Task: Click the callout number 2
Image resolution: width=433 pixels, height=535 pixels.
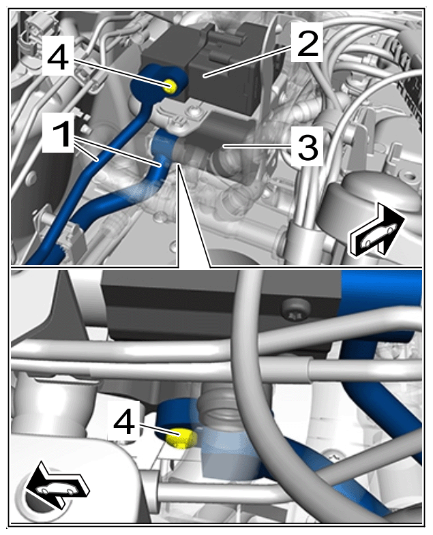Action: pyautogui.click(x=308, y=43)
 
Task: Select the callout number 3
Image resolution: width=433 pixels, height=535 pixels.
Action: pyautogui.click(x=308, y=147)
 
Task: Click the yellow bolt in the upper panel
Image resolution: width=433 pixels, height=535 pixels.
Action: pyautogui.click(x=170, y=85)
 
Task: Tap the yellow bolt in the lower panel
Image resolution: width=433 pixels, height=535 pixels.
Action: pyautogui.click(x=181, y=438)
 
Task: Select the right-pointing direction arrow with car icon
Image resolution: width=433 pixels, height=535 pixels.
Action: pyautogui.click(x=376, y=230)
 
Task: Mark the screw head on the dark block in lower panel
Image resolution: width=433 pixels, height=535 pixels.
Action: pyautogui.click(x=295, y=311)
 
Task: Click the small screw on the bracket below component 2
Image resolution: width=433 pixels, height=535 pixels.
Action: pyautogui.click(x=194, y=110)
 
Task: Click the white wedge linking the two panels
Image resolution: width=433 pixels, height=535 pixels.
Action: pyautogui.click(x=193, y=218)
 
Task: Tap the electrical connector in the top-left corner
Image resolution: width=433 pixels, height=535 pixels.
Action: pyautogui.click(x=32, y=29)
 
